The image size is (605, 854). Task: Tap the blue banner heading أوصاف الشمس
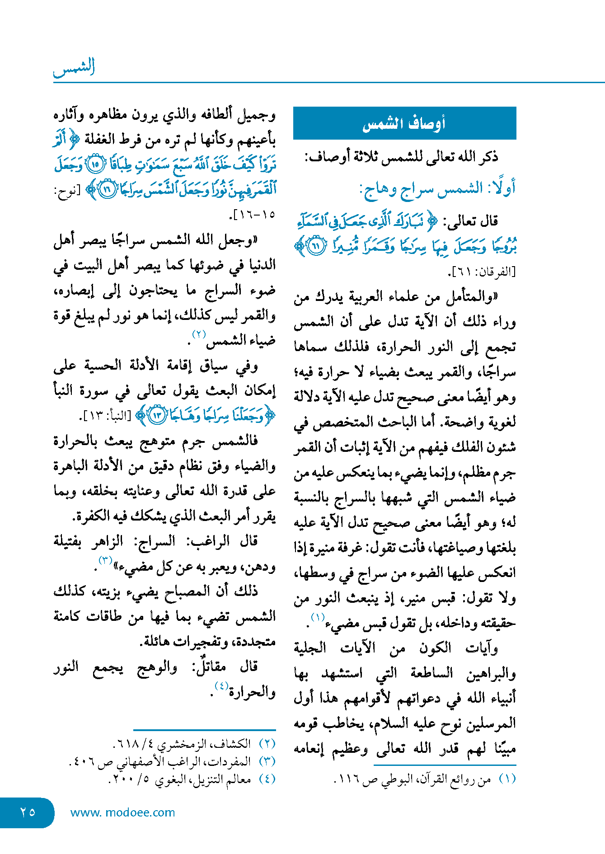coord(404,123)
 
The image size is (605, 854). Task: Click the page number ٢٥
coord(28,812)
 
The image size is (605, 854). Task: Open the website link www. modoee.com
coord(122,812)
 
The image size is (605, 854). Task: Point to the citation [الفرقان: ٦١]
coord(482,272)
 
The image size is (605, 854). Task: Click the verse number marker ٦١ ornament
coord(316,246)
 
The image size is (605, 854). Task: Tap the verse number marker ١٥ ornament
coord(95,164)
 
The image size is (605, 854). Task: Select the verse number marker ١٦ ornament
coord(107,189)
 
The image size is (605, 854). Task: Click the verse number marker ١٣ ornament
coord(158,415)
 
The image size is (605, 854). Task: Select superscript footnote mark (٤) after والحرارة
coord(221,685)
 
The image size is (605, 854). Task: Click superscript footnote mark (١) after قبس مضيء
coord(318,617)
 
